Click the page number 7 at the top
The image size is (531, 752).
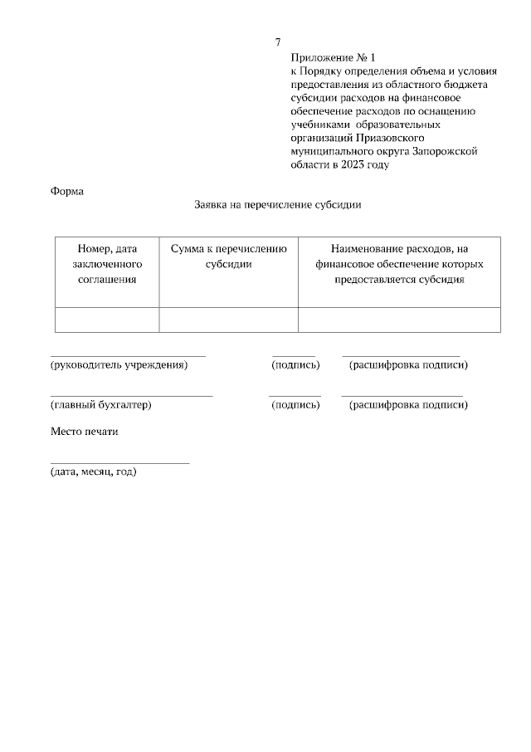[x=278, y=42]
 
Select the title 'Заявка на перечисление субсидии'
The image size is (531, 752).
[x=278, y=204]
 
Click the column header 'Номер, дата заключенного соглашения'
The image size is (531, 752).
[x=107, y=264]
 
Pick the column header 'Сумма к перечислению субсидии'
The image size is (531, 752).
[x=228, y=256]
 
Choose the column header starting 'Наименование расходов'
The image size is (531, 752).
[x=399, y=264]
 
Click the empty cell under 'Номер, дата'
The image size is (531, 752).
[x=107, y=320]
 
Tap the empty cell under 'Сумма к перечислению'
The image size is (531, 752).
[x=228, y=320]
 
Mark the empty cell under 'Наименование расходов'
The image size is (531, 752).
[x=399, y=320]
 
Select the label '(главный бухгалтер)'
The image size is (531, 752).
[x=100, y=405]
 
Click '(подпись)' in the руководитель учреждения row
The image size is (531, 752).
[x=295, y=364]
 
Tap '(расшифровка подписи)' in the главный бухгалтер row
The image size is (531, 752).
[x=408, y=405]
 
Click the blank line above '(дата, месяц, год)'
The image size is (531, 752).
[x=119, y=462]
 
